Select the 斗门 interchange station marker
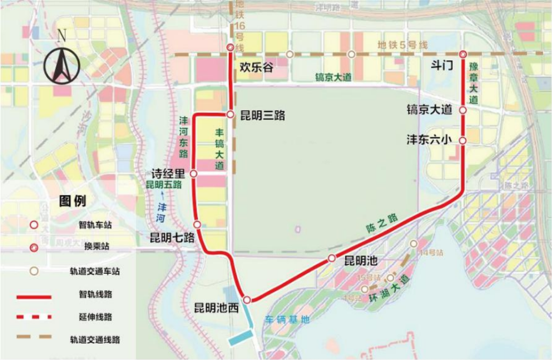click(463, 55)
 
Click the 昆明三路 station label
click(262, 116)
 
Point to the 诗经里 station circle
click(194, 174)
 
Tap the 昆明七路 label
click(172, 237)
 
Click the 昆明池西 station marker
click(247, 300)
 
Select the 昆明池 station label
click(360, 261)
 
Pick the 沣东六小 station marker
click(463, 140)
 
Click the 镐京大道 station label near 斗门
click(429, 109)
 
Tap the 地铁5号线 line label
click(402, 45)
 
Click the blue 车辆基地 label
click(287, 320)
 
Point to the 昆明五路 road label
click(164, 185)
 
